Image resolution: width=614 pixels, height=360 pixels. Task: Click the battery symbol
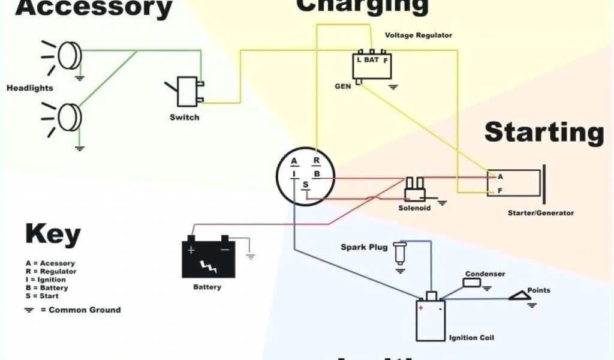[208, 257]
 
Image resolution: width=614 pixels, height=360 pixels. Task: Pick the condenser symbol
[472, 283]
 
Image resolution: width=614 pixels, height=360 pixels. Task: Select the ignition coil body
[431, 319]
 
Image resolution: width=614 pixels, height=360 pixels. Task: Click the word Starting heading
[544, 132]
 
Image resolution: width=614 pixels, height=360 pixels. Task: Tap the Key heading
[53, 235]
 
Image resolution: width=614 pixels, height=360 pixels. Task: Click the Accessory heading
[86, 8]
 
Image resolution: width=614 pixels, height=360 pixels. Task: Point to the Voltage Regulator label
[419, 35]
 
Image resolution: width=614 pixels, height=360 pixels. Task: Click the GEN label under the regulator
[342, 86]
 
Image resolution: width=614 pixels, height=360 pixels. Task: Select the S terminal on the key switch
[305, 184]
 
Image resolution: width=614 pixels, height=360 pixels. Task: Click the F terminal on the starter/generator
[499, 191]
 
